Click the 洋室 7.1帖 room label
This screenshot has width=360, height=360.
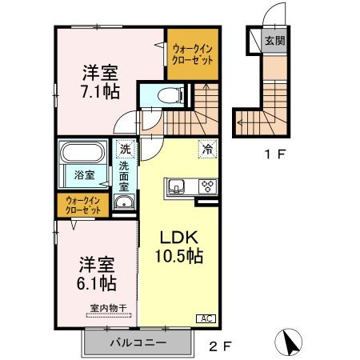pyautogui.click(x=101, y=82)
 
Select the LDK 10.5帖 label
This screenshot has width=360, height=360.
pyautogui.click(x=177, y=247)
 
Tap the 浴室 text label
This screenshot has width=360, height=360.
pyautogui.click(x=86, y=174)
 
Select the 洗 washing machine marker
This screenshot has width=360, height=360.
pyautogui.click(x=126, y=148)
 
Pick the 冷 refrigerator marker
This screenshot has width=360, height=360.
pyautogui.click(x=207, y=148)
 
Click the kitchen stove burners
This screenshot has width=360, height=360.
pyautogui.click(x=207, y=187)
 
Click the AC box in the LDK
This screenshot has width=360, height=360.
pyautogui.click(x=205, y=318)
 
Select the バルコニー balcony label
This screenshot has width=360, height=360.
pyautogui.click(x=138, y=342)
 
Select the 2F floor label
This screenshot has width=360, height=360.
pyautogui.click(x=222, y=346)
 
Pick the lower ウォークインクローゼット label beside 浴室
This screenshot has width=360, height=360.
pyautogui.click(x=84, y=205)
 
